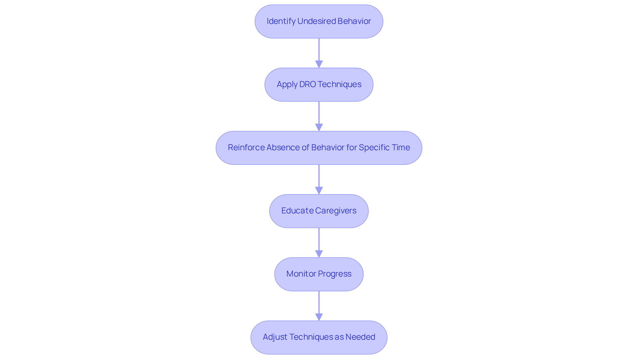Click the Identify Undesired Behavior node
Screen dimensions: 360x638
[x=319, y=21]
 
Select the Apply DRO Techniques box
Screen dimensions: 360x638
[x=319, y=84]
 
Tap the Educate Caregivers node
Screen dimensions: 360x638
[x=319, y=211]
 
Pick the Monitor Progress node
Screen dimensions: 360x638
[x=319, y=274]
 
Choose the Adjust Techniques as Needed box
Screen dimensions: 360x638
[x=319, y=337]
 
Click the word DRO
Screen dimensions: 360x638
[x=307, y=84]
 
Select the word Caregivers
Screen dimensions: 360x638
[x=336, y=211]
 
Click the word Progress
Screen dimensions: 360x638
[x=334, y=274]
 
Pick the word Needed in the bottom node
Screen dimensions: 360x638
[x=360, y=337]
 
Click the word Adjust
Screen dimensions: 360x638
[x=275, y=337]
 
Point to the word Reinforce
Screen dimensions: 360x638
[x=246, y=148]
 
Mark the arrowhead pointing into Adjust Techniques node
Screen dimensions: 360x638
[x=319, y=317]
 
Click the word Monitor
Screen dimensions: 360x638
[x=299, y=274]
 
